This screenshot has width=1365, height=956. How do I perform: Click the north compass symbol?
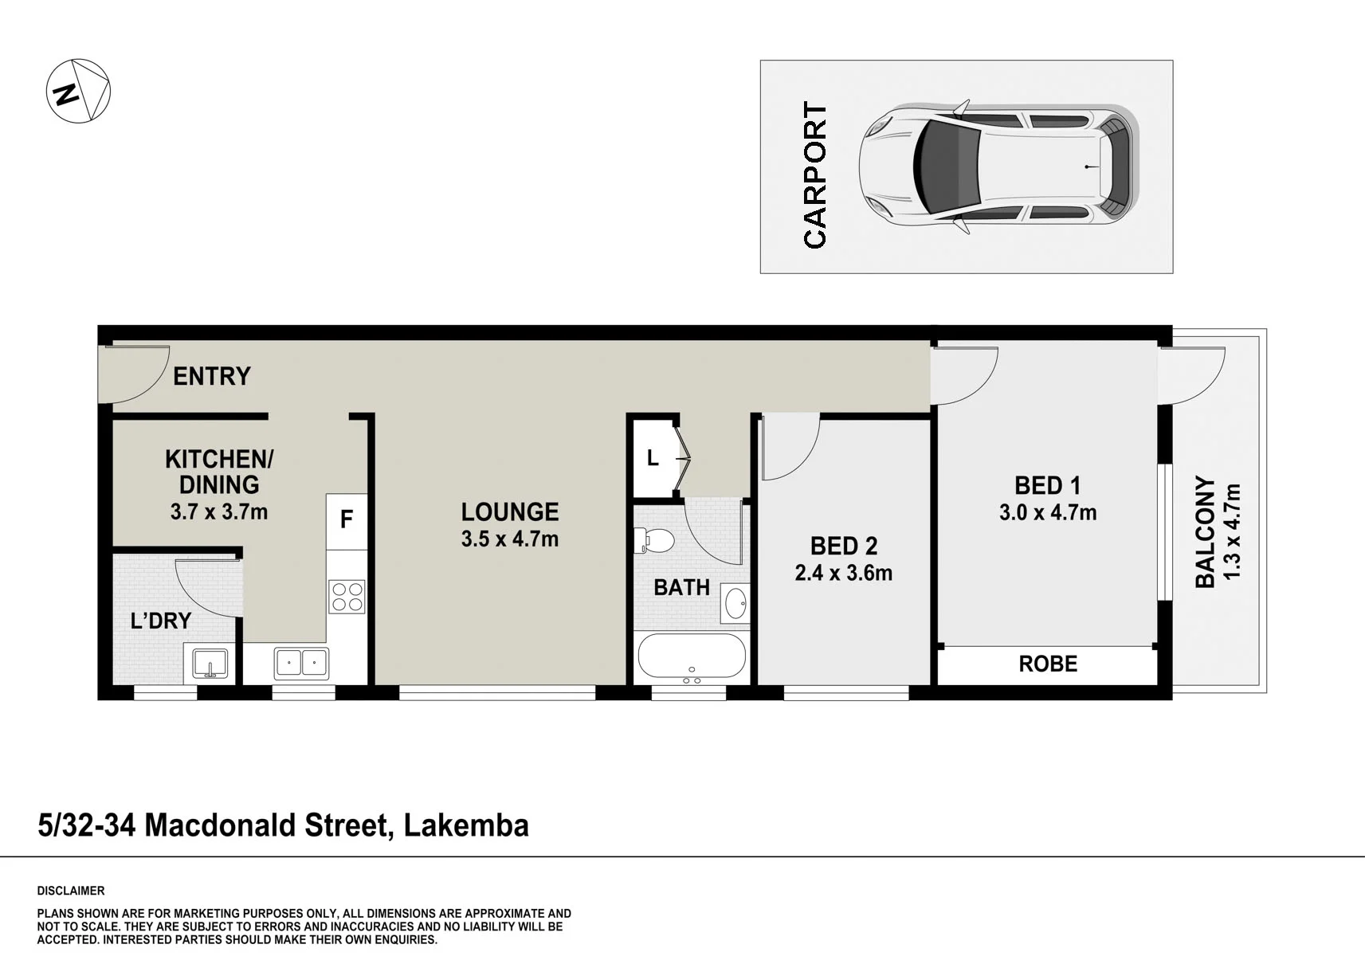79,91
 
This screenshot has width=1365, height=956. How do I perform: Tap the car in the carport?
998,167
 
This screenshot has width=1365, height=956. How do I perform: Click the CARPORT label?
815,175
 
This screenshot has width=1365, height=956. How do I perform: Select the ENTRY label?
211,376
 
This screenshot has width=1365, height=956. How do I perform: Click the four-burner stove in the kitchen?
347,597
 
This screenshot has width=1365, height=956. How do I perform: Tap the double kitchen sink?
301,663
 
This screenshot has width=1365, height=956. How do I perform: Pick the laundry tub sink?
210,664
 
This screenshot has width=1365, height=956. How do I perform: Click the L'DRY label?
161,621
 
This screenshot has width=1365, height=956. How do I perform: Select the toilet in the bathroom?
654,540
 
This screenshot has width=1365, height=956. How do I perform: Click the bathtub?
692,660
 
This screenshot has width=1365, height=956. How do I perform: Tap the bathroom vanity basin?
735,603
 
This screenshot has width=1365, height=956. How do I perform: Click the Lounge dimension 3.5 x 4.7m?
509,539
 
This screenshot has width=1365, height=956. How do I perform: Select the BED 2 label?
844,547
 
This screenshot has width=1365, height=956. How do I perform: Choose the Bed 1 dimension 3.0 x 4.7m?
1048,512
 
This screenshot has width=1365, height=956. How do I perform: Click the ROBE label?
1048,664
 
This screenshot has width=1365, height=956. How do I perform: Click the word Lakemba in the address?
466,825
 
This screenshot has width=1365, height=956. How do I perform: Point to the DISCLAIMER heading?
71,891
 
